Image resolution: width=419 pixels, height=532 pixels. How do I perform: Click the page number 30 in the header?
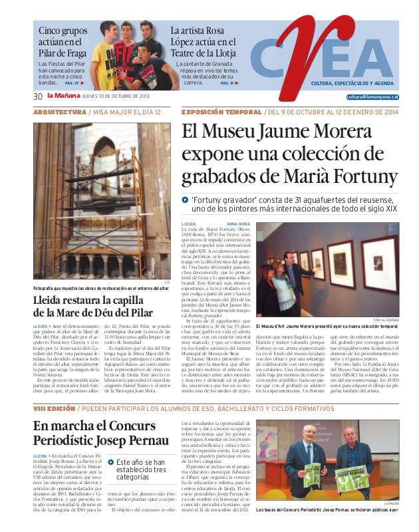point(38,96)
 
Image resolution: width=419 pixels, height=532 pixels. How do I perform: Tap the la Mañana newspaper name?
point(63,96)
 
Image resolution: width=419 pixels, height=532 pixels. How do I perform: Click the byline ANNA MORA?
point(238,224)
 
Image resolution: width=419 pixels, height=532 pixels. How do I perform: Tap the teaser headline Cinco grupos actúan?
point(61,41)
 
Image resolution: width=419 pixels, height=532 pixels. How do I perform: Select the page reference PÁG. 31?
point(227,83)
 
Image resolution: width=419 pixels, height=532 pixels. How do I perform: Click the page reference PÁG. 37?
point(72,84)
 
